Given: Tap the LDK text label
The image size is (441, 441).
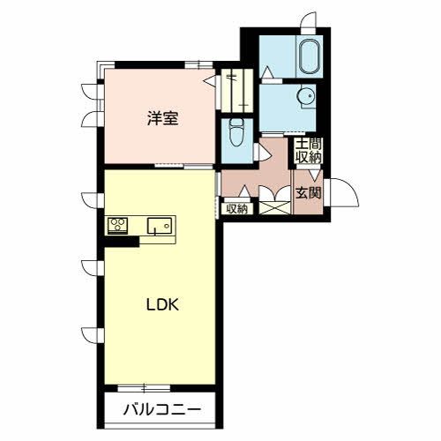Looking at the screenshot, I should [162, 305].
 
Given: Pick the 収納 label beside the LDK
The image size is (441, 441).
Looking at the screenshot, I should [235, 209].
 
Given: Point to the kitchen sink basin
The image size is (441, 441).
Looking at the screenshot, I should [160, 226].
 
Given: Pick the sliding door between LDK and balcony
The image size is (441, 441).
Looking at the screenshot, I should [144, 386].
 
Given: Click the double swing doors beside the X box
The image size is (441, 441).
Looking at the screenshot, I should [273, 193].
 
